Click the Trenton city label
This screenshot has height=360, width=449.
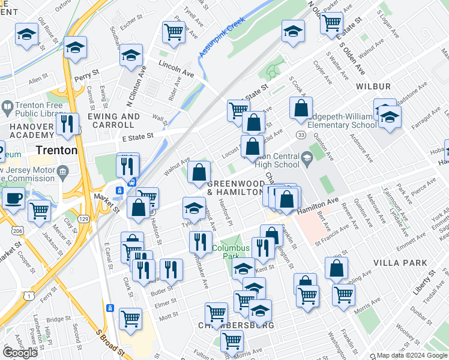(56, 150)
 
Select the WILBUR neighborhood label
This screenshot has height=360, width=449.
(373, 87)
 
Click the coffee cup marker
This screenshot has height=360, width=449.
(13, 198)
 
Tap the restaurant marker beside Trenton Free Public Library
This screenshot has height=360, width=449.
(67, 124)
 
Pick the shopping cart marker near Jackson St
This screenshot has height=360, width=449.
(39, 211)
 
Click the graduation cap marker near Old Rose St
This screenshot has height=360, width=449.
(26, 34)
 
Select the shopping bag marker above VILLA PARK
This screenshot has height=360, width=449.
(336, 268)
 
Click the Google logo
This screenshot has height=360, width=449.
(20, 352)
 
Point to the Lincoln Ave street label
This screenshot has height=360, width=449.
(176, 66)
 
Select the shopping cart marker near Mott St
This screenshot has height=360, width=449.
(130, 319)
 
